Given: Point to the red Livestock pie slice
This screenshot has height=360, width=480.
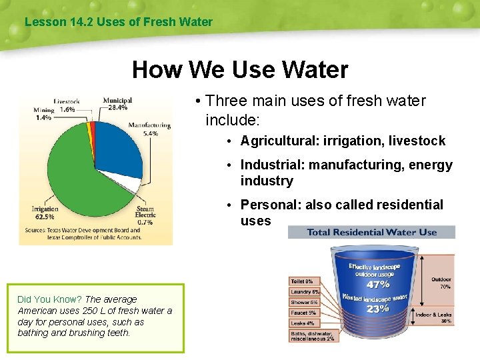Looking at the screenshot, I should [x=93, y=127].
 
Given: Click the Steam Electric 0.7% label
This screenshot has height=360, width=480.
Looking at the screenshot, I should [x=145, y=215].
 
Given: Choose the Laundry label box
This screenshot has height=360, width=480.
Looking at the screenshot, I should [x=305, y=292].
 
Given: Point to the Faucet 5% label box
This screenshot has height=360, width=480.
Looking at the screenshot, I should [x=303, y=313].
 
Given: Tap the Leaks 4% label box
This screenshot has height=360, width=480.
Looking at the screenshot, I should [x=302, y=323].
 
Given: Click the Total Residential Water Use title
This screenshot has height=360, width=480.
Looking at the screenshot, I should [x=371, y=232].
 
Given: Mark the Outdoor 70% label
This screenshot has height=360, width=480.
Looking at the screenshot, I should [x=441, y=283].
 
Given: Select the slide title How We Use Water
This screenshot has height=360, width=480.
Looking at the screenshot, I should [x=239, y=69].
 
